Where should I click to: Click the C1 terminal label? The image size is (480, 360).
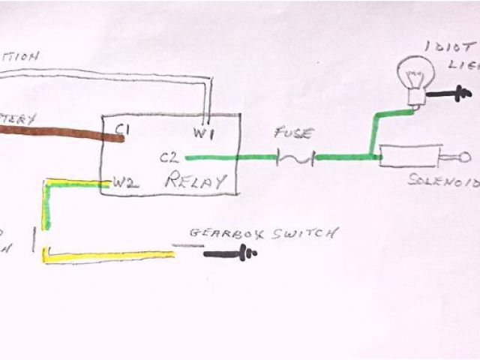123,130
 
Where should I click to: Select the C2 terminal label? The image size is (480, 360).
169,158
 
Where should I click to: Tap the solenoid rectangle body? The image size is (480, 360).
409,157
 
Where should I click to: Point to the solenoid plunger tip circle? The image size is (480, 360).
464,157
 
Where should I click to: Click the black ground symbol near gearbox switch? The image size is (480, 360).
232,253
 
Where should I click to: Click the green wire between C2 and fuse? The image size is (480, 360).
225,157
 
